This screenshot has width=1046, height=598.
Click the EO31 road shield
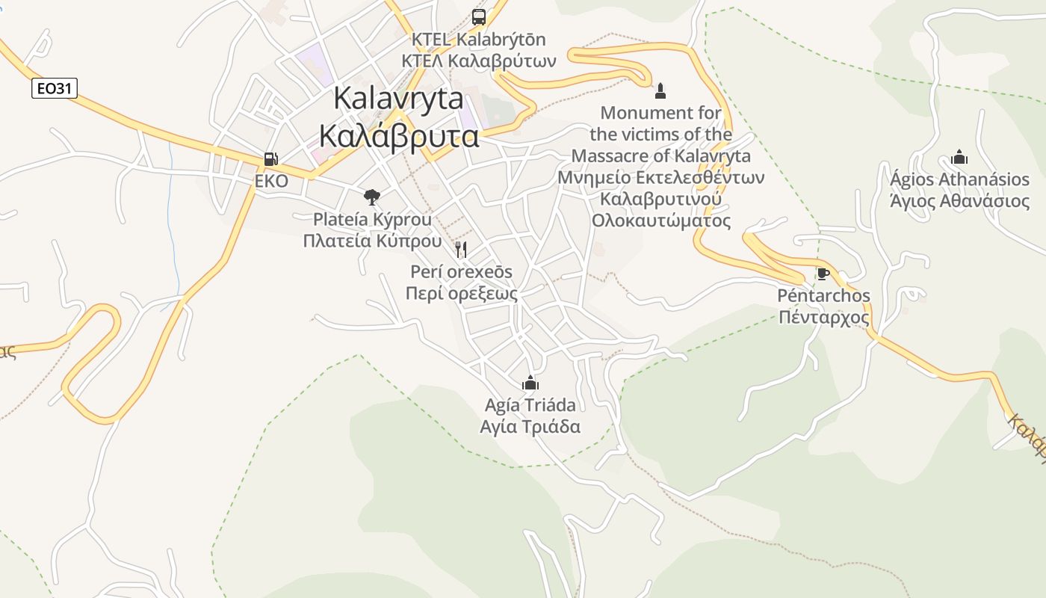click(55, 88)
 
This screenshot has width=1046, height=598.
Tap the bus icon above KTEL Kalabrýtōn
click(479, 16)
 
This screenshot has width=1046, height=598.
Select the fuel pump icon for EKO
click(270, 159)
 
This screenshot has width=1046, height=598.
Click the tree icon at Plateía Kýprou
click(371, 197)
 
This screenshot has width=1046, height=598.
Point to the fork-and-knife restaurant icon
click(461, 249)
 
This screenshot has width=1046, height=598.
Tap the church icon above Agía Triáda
click(530, 383)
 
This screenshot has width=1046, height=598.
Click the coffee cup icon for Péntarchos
click(823, 274)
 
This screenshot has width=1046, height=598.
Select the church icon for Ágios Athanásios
click(959, 158)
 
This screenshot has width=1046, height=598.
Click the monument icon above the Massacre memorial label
click(660, 91)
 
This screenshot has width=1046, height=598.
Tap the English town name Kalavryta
click(398, 99)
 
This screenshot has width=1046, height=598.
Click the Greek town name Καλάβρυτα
click(398, 136)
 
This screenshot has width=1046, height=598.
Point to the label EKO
click(271, 182)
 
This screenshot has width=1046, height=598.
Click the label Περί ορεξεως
click(461, 293)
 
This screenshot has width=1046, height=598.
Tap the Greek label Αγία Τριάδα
click(530, 427)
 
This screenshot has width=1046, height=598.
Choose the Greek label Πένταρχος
click(824, 317)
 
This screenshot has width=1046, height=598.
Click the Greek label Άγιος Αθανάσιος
click(959, 200)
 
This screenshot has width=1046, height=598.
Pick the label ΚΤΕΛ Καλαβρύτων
click(479, 61)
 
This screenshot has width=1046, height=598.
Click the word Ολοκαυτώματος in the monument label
click(660, 221)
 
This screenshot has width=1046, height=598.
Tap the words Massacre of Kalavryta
click(660, 156)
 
